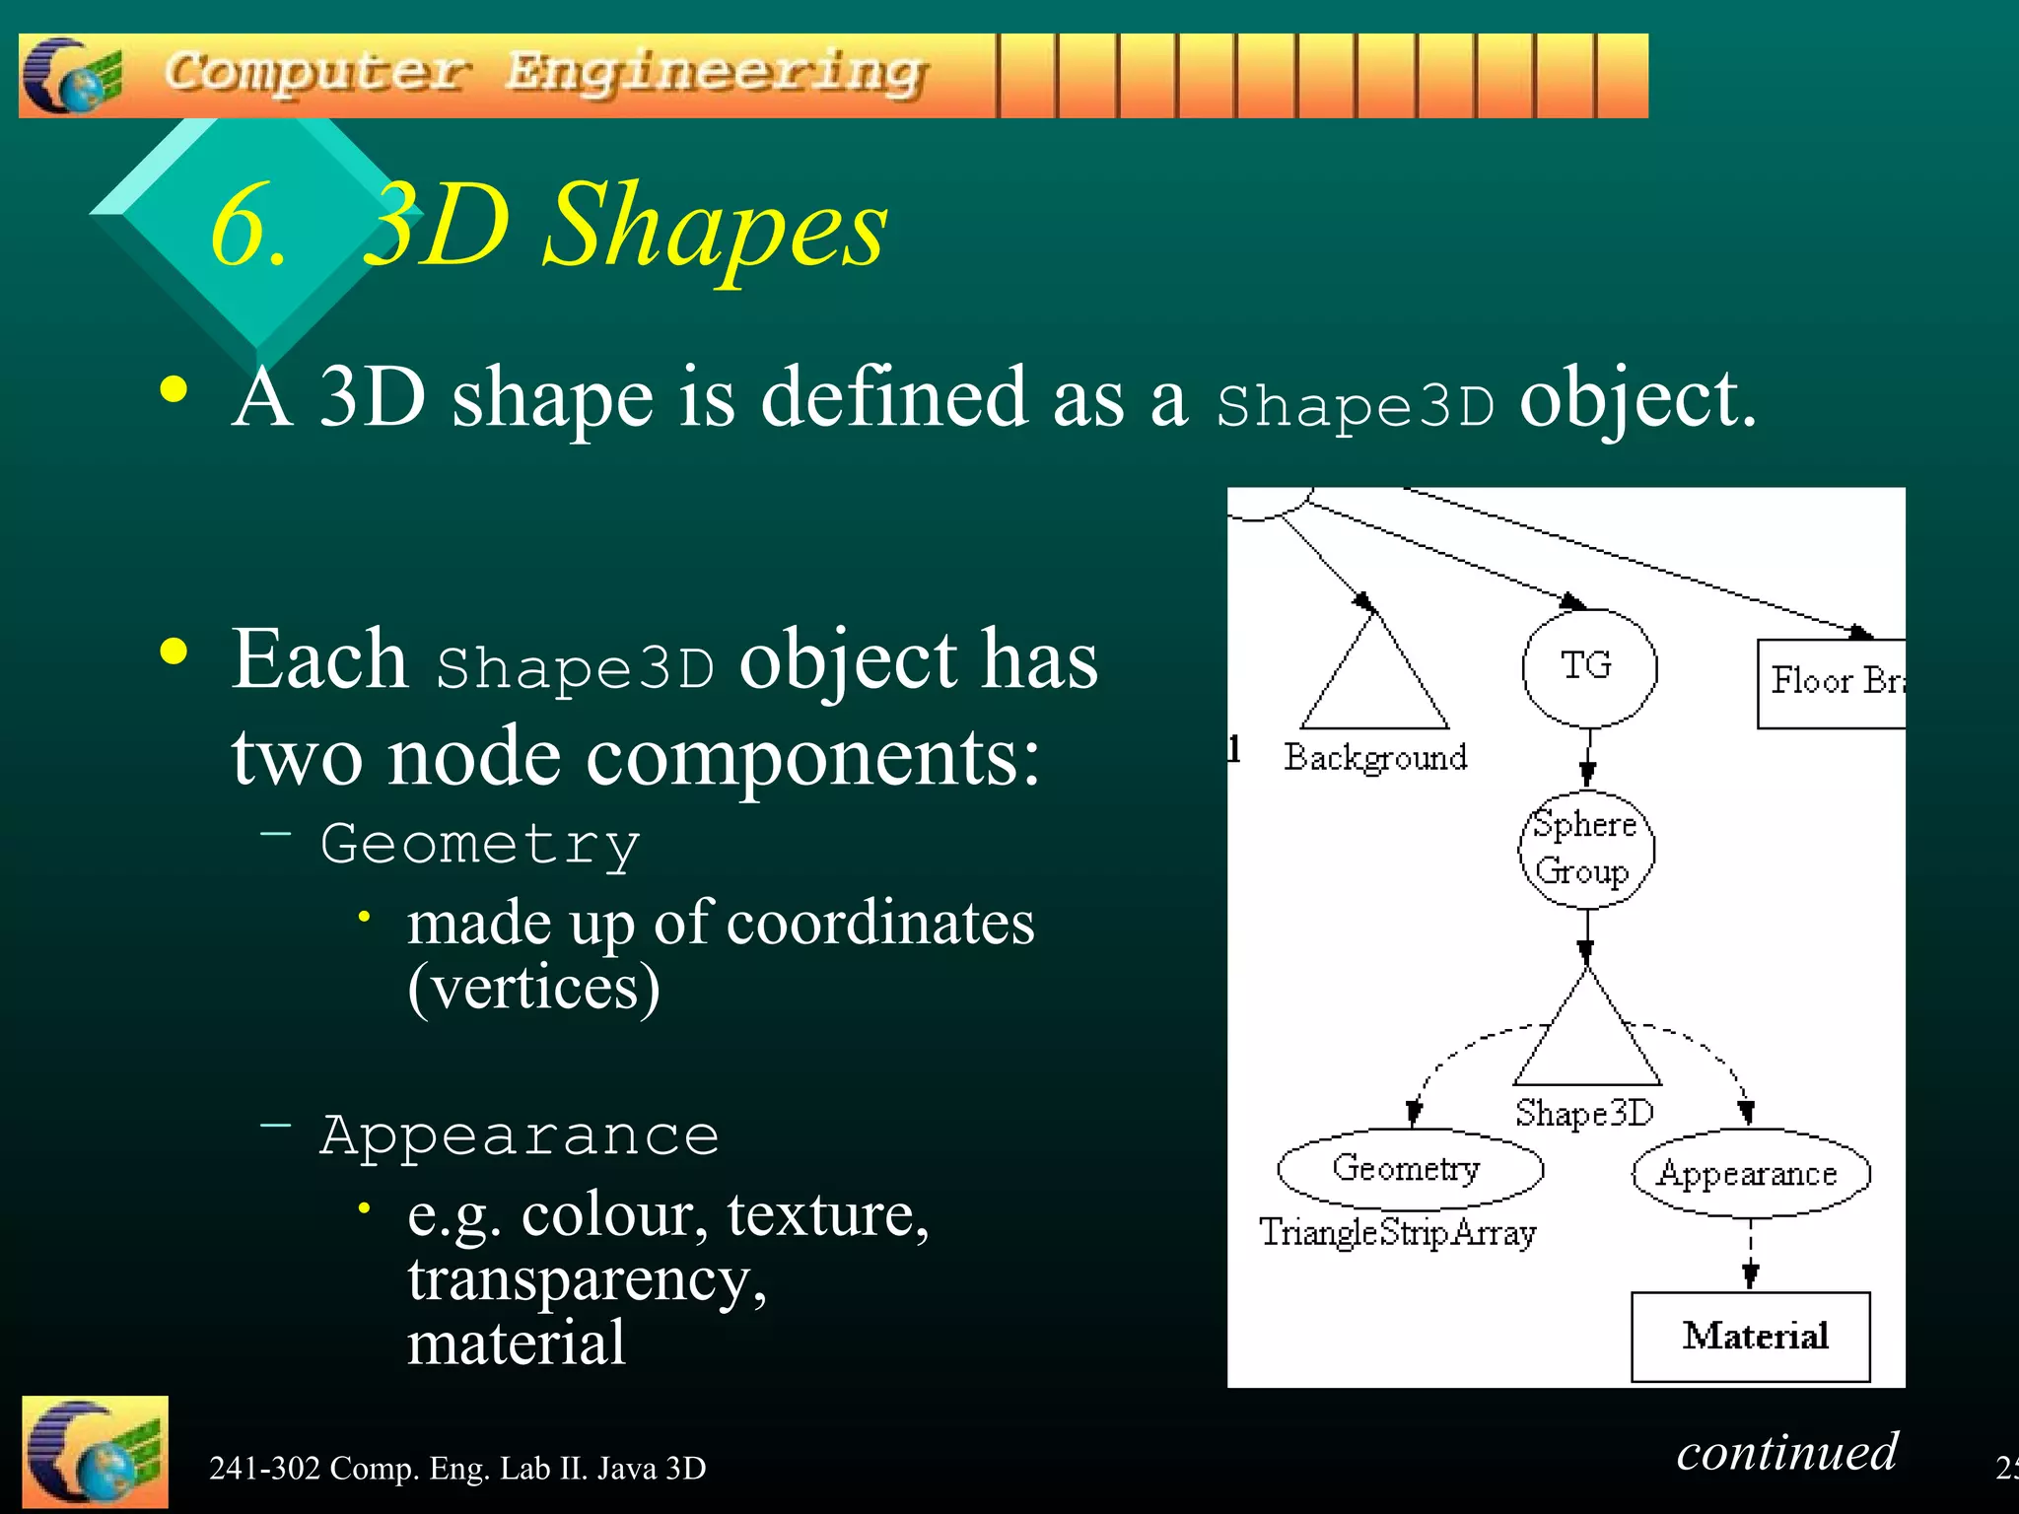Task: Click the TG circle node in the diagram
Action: pos(1588,667)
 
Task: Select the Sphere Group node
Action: pos(1585,849)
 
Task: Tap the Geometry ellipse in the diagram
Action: pos(1409,1169)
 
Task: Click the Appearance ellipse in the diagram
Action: pos(1750,1173)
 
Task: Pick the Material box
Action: pos(1751,1337)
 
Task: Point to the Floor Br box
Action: pos(1832,683)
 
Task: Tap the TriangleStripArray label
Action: pos(1398,1233)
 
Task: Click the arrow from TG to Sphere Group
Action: pos(1587,759)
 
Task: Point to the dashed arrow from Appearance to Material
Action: pos(1750,1255)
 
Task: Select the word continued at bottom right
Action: pos(1786,1452)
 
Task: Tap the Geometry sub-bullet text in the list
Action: pos(481,845)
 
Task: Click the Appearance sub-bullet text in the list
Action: pos(520,1135)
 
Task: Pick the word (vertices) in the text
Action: pos(533,987)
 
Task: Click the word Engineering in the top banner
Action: pos(717,73)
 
